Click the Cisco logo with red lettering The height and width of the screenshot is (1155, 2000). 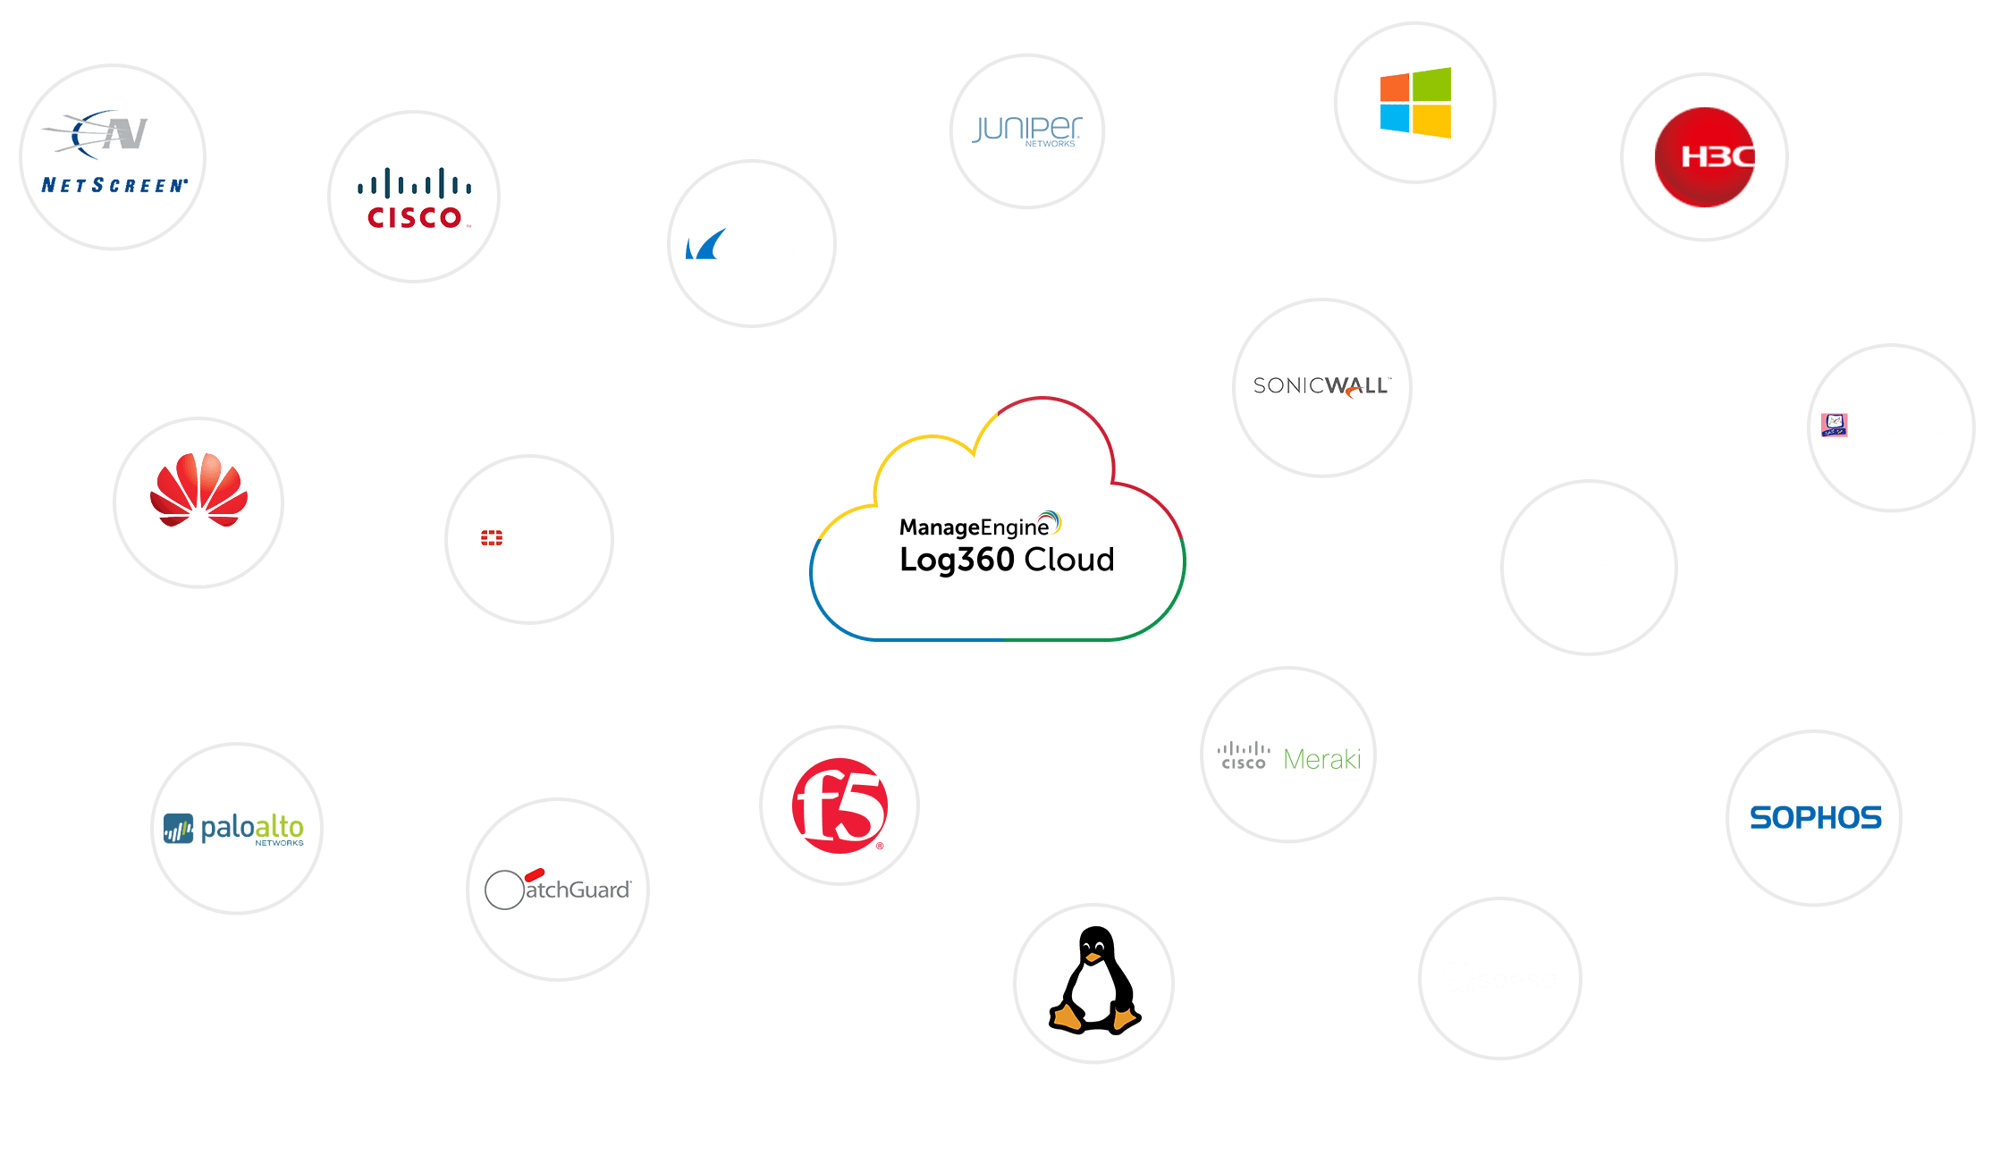414,198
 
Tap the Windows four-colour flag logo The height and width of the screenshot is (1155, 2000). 1415,103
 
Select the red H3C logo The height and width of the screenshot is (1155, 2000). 1705,157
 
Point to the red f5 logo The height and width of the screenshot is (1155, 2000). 839,805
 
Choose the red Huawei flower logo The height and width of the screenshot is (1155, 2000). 198,490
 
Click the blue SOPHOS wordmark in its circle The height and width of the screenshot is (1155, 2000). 1815,818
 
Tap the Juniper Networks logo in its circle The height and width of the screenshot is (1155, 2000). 1026,131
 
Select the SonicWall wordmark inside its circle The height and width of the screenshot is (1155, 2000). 1321,386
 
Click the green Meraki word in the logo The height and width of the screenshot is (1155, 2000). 1321,759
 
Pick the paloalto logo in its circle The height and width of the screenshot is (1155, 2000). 236,829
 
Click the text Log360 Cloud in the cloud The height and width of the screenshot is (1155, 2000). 1007,560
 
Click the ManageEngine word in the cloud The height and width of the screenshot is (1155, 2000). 974,527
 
